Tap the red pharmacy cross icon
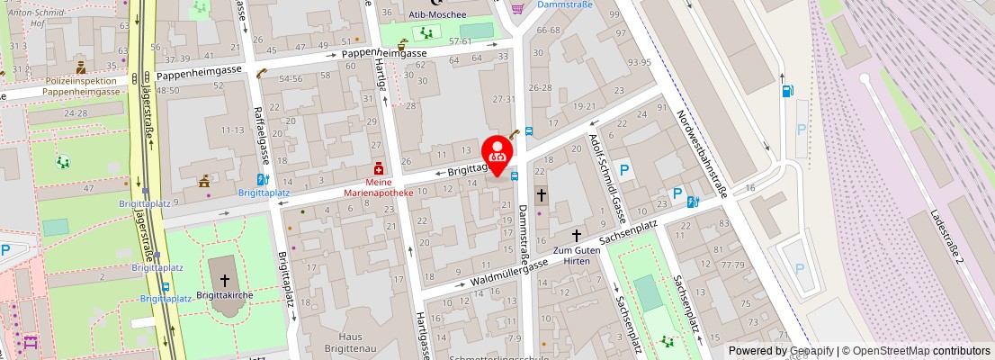(x=379, y=168)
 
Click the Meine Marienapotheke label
(x=379, y=186)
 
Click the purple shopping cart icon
(x=516, y=8)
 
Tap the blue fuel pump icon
(x=789, y=90)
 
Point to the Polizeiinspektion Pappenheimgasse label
(x=82, y=85)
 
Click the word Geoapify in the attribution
(x=811, y=351)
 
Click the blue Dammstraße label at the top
(x=564, y=5)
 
